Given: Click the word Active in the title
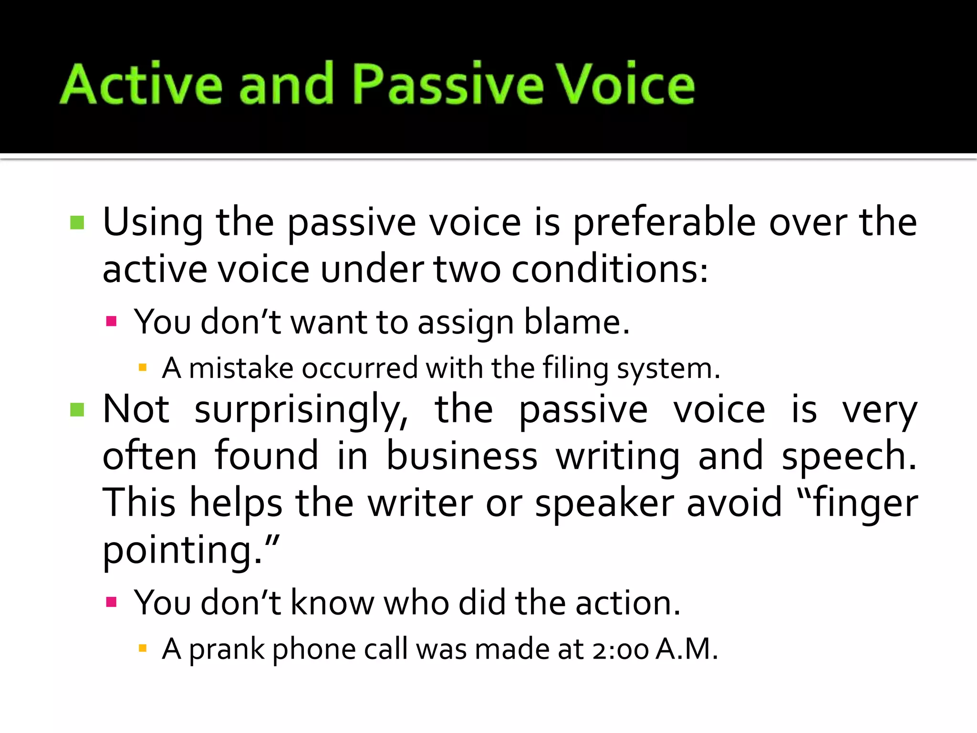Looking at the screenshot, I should [x=142, y=84].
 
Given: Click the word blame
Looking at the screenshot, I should [x=577, y=322].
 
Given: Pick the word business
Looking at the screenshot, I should [x=462, y=456].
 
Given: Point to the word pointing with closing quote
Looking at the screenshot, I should [x=191, y=550].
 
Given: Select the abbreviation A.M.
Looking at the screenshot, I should [x=686, y=649].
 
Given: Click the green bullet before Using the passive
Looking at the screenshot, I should [x=77, y=223].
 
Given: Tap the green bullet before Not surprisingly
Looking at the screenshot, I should [x=77, y=409].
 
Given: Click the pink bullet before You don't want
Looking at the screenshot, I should [x=112, y=321].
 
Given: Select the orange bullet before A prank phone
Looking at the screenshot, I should [x=142, y=648].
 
